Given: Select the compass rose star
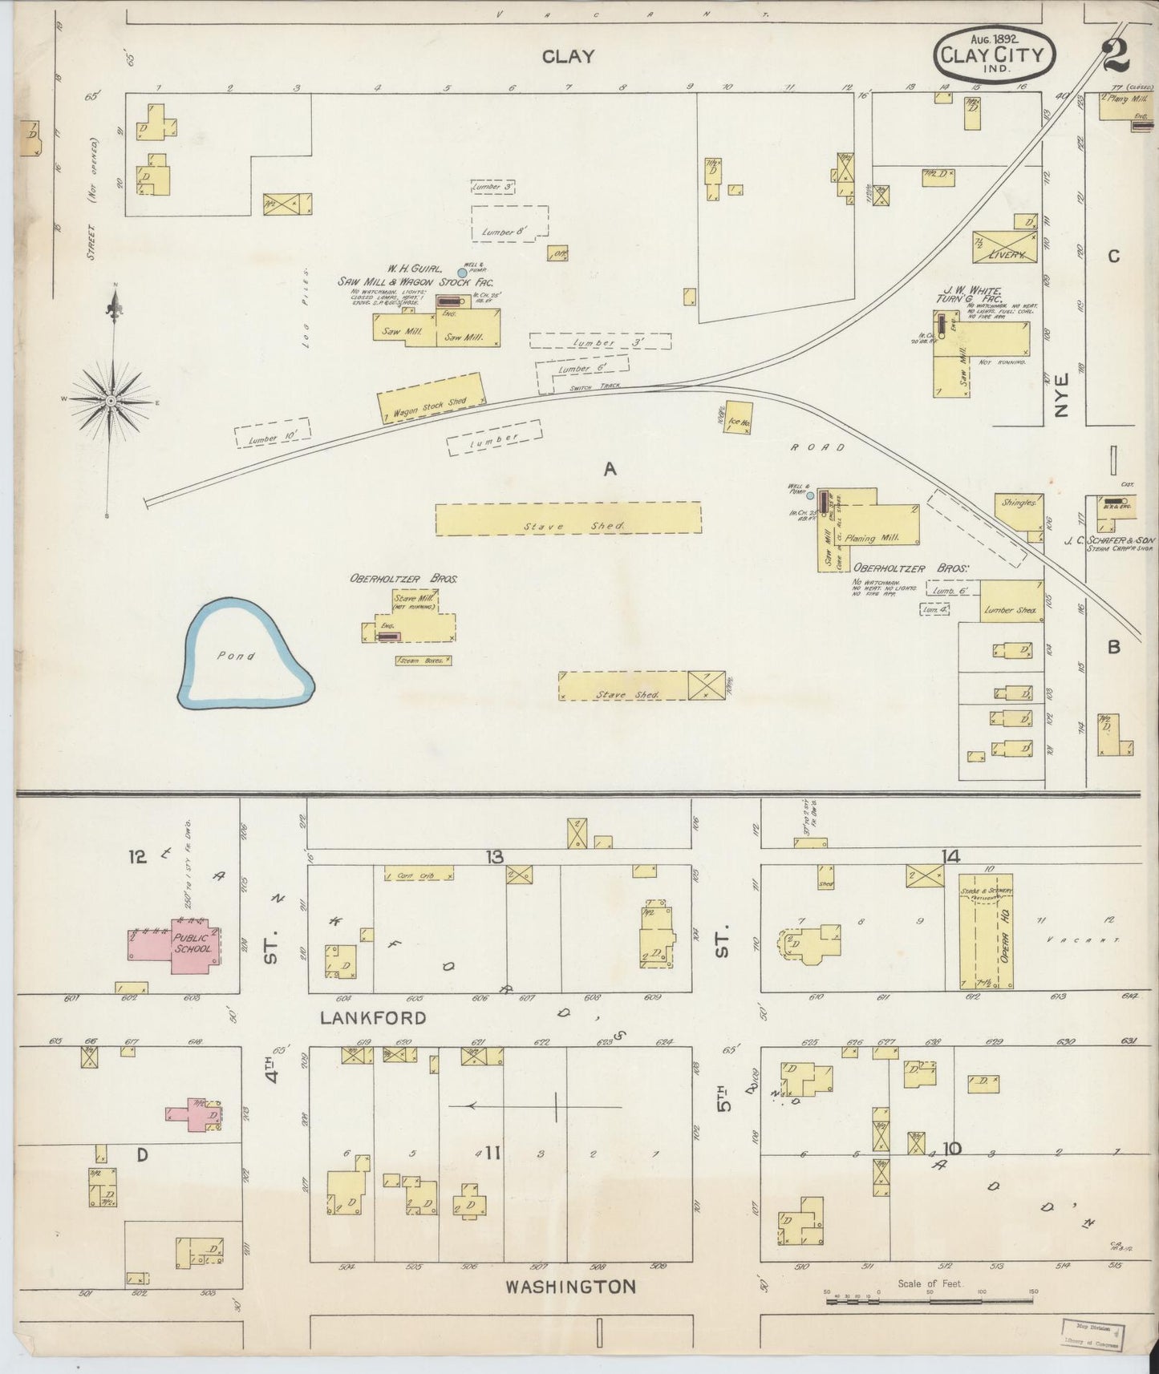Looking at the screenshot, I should click(x=110, y=399).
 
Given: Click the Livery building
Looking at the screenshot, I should click(x=1004, y=248).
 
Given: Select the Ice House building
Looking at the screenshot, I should click(x=739, y=417).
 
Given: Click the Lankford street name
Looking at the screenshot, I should click(x=373, y=1018).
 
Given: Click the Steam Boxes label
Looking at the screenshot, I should click(x=423, y=661).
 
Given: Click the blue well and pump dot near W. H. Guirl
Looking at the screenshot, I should click(x=461, y=273).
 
